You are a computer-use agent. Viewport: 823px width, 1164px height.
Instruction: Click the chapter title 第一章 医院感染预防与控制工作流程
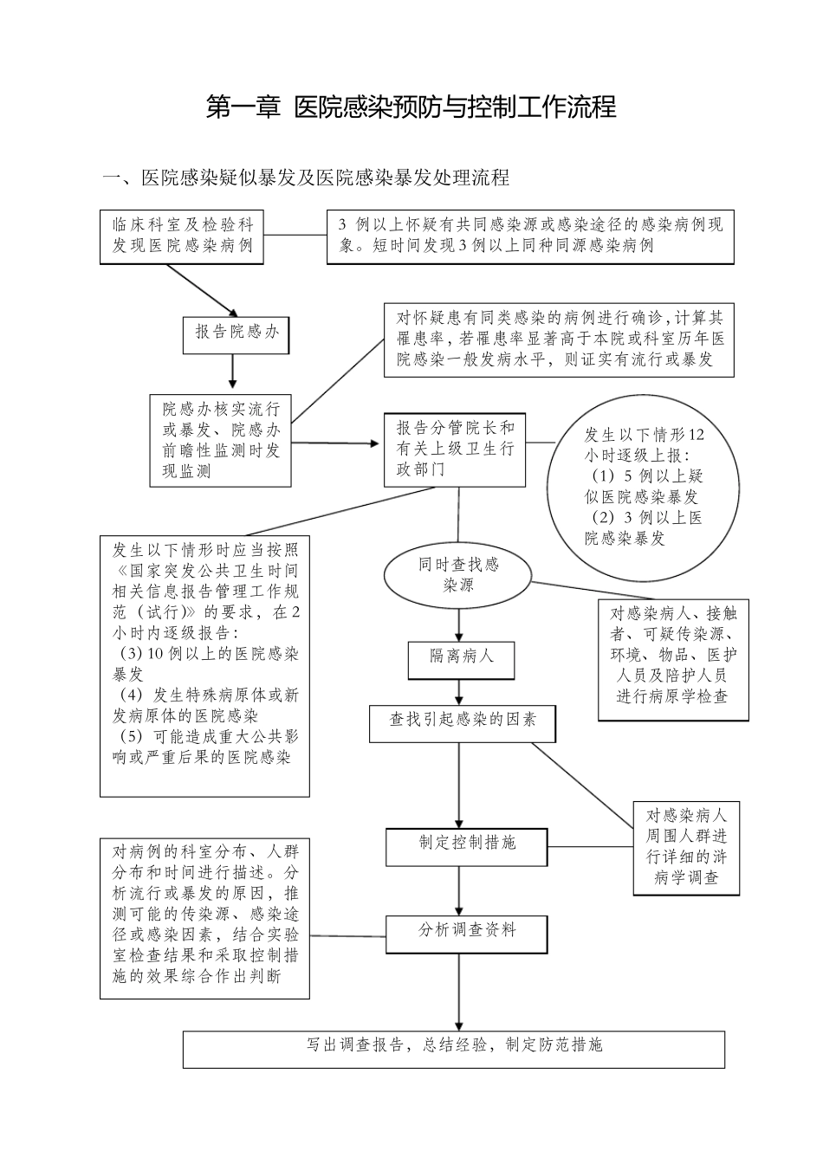(411, 107)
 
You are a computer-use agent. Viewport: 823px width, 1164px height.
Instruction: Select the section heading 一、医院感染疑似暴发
(306, 178)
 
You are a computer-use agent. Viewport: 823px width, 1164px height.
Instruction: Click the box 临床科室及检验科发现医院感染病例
(182, 236)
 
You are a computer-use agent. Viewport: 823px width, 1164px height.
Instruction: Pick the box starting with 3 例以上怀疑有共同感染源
(529, 236)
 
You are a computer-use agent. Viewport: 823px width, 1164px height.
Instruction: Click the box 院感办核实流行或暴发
(221, 440)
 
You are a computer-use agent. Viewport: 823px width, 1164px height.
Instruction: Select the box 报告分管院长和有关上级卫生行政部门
(455, 449)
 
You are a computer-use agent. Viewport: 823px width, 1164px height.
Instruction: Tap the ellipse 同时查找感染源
(458, 575)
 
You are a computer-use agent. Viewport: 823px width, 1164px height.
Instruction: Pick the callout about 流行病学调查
(686, 846)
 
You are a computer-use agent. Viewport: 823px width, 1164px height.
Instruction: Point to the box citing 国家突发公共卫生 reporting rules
(204, 665)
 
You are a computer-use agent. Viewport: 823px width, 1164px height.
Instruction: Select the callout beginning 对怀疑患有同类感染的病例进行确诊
(559, 339)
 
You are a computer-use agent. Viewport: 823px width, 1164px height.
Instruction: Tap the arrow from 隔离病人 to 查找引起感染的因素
(459, 692)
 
